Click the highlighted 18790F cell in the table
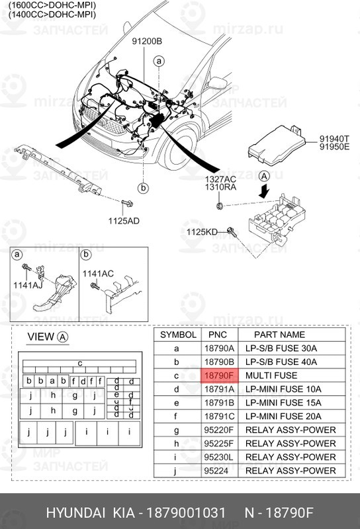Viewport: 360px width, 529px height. (x=218, y=376)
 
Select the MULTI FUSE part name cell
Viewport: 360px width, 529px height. (x=267, y=376)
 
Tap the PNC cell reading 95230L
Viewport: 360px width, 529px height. (x=218, y=457)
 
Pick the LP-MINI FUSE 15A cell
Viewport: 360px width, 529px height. (x=283, y=403)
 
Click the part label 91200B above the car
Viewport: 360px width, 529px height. (x=146, y=42)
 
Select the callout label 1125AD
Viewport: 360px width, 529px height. (x=124, y=220)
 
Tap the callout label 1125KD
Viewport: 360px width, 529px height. (x=201, y=231)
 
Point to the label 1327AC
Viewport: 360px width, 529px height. (x=220, y=179)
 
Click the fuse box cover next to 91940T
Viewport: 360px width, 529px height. (x=273, y=146)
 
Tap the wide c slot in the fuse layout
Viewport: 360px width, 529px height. (x=79, y=363)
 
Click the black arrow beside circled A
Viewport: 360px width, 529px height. (x=265, y=191)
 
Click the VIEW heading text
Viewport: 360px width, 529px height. (x=40, y=337)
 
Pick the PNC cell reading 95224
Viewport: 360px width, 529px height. (x=218, y=471)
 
